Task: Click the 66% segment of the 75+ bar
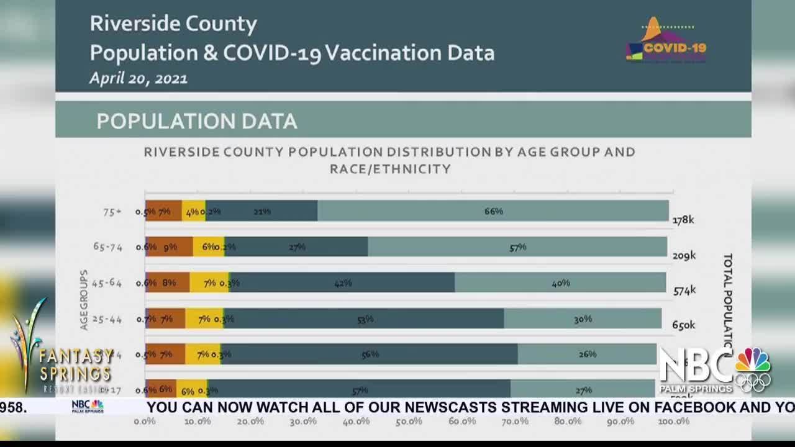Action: (x=493, y=211)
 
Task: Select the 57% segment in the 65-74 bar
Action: (x=517, y=247)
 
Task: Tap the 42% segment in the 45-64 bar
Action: (x=342, y=283)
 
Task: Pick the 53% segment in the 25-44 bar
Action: (x=365, y=319)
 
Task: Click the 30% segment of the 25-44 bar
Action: (x=583, y=319)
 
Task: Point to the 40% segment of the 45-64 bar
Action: (x=560, y=283)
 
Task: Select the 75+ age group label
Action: (x=112, y=212)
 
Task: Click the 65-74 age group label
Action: (x=108, y=247)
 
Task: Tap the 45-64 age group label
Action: (x=108, y=283)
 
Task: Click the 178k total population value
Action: (x=683, y=220)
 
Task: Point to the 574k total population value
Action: (x=684, y=290)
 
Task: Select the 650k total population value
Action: (x=683, y=325)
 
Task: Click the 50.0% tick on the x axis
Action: (x=409, y=422)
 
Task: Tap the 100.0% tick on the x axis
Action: (x=673, y=422)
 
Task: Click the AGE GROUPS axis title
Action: (x=84, y=300)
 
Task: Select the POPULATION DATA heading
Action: (x=197, y=121)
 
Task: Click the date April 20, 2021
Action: (x=139, y=78)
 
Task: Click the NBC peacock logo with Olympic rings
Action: (x=753, y=369)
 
